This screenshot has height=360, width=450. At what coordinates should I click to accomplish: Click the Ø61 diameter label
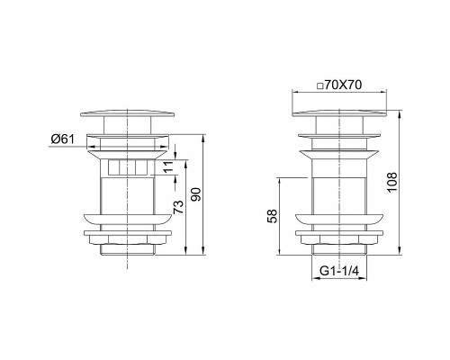62,139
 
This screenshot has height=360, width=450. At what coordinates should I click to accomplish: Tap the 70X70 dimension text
343,85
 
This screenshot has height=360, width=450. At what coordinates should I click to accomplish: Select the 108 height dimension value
392,183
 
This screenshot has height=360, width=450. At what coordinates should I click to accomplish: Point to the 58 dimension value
273,216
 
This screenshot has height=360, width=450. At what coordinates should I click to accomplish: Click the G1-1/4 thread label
339,271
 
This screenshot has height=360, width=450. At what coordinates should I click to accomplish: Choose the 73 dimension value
178,207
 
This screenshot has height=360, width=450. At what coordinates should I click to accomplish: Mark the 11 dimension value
169,166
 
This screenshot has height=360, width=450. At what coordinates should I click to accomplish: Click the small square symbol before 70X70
319,86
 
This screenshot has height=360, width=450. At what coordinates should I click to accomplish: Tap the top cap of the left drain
128,114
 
